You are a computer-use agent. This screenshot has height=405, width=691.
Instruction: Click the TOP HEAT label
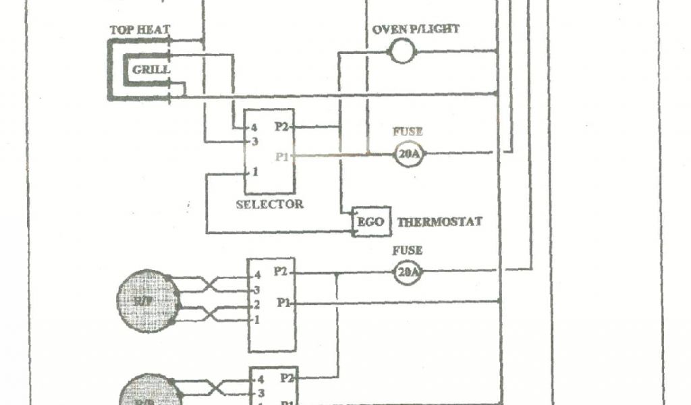(140, 30)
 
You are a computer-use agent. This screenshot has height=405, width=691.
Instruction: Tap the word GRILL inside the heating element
(150, 70)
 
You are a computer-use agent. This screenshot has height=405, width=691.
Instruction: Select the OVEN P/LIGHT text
(416, 30)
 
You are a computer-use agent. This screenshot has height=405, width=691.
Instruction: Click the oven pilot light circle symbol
(402, 51)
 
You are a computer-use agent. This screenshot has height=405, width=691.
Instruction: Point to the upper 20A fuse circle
(408, 155)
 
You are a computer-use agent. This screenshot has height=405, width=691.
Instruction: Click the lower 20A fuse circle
(408, 273)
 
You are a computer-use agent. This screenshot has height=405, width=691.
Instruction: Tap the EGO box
(371, 222)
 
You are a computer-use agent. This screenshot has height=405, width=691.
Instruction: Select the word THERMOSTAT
(439, 221)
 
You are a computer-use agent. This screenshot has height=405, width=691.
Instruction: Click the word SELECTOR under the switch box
(269, 204)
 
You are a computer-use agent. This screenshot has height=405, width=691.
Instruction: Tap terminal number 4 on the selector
(254, 127)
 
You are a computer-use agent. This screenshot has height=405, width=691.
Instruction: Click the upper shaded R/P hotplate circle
(148, 300)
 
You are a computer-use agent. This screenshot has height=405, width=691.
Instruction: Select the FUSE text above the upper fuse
(407, 132)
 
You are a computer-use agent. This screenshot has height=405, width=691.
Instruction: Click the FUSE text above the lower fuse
(407, 250)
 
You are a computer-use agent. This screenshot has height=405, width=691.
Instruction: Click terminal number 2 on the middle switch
(257, 305)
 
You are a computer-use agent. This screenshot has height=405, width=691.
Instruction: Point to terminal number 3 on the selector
(254, 142)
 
